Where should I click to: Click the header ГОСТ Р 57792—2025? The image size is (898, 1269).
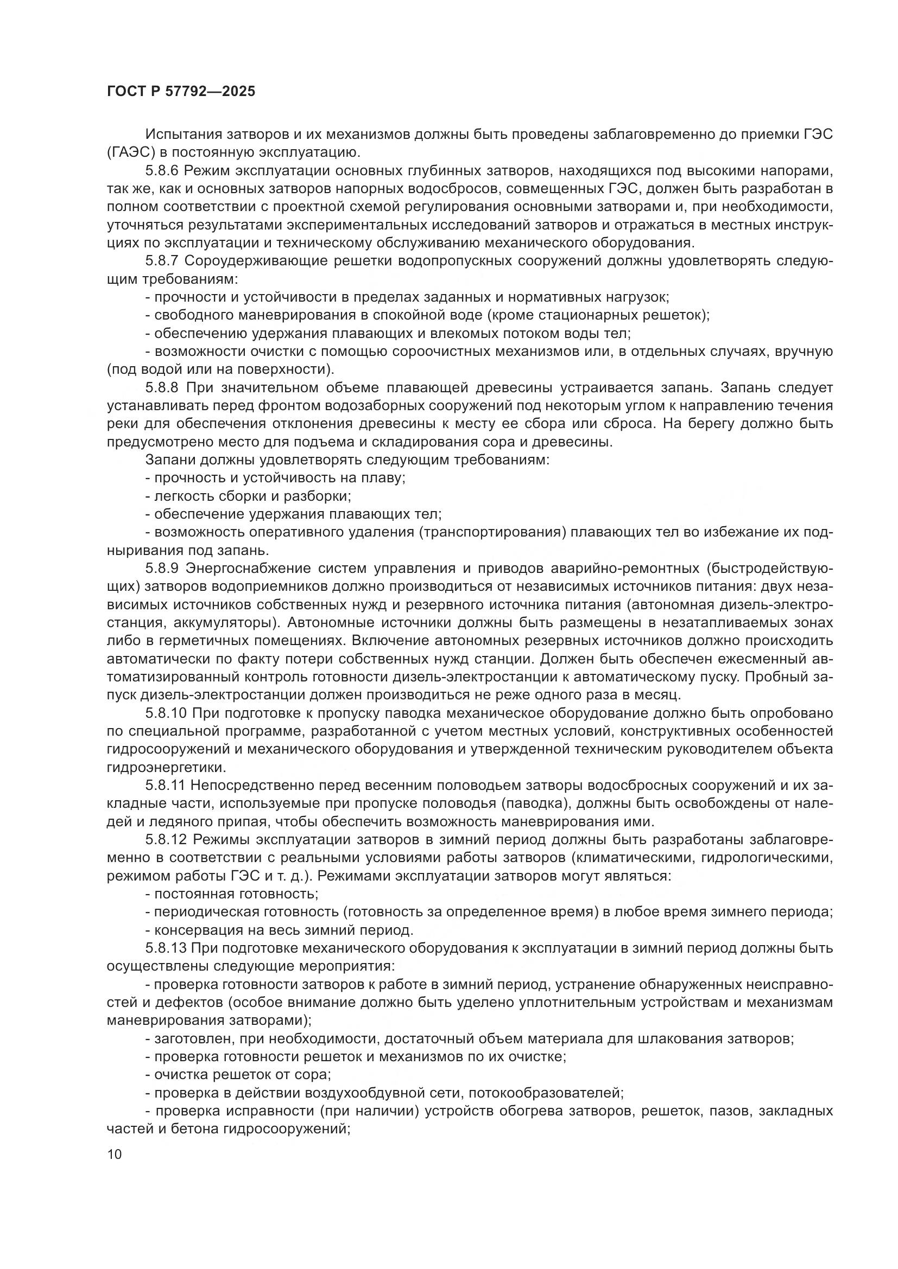click(181, 92)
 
